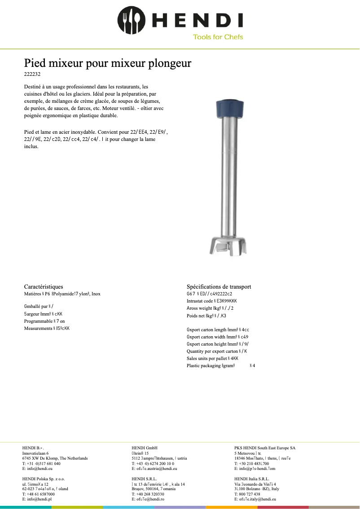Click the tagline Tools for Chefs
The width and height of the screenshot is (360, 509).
[x=218, y=37]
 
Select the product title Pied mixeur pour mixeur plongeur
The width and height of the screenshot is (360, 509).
[x=108, y=63]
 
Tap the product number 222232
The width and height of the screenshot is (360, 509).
[x=32, y=74]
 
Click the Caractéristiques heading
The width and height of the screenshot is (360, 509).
[x=44, y=286]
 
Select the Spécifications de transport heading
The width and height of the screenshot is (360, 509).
[x=219, y=286]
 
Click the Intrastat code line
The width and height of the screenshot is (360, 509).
[x=211, y=301]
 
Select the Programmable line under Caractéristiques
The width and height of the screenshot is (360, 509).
[x=44, y=321]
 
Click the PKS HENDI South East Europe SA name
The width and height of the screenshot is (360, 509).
[x=265, y=448]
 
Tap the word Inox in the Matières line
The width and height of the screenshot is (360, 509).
[x=96, y=294]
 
